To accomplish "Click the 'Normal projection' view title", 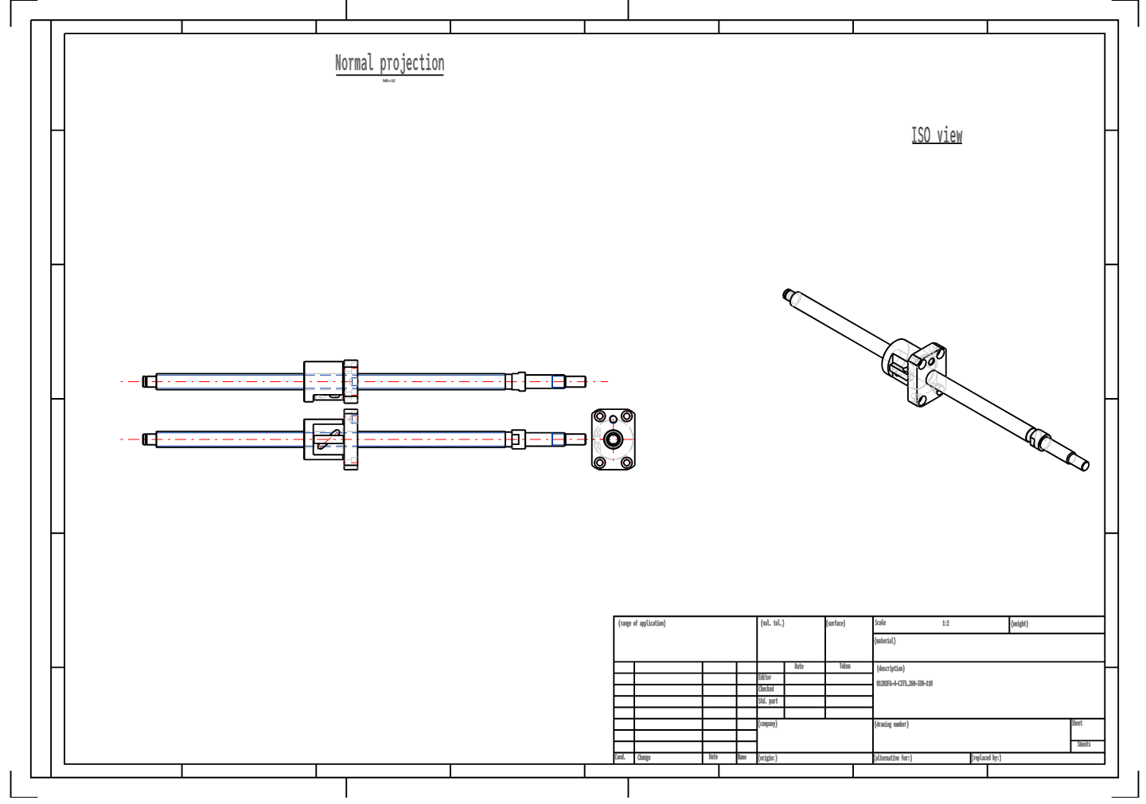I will [x=389, y=63].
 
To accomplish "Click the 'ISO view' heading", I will [x=937, y=135].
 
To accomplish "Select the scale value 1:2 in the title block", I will [x=945, y=624].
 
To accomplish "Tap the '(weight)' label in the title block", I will [x=1019, y=624].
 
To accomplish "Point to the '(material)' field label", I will [x=885, y=641].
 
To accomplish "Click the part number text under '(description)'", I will [x=904, y=684].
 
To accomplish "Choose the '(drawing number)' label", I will [x=891, y=724].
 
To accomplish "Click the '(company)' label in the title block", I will [x=767, y=724].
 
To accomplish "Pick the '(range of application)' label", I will [x=641, y=624].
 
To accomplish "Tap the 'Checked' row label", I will [x=766, y=689].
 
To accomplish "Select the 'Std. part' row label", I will [x=767, y=701].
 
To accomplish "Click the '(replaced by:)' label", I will [x=986, y=758].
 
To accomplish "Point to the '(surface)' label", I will [x=835, y=624].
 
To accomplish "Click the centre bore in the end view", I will [x=613, y=439].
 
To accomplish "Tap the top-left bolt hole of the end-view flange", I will [x=600, y=416].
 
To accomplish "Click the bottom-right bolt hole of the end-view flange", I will [x=626, y=462].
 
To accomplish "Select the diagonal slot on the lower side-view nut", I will [x=329, y=439].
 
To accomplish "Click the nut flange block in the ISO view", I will [x=928, y=374].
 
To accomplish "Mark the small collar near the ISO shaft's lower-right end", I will [x=1038, y=437].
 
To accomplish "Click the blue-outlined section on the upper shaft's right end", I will [x=559, y=381].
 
